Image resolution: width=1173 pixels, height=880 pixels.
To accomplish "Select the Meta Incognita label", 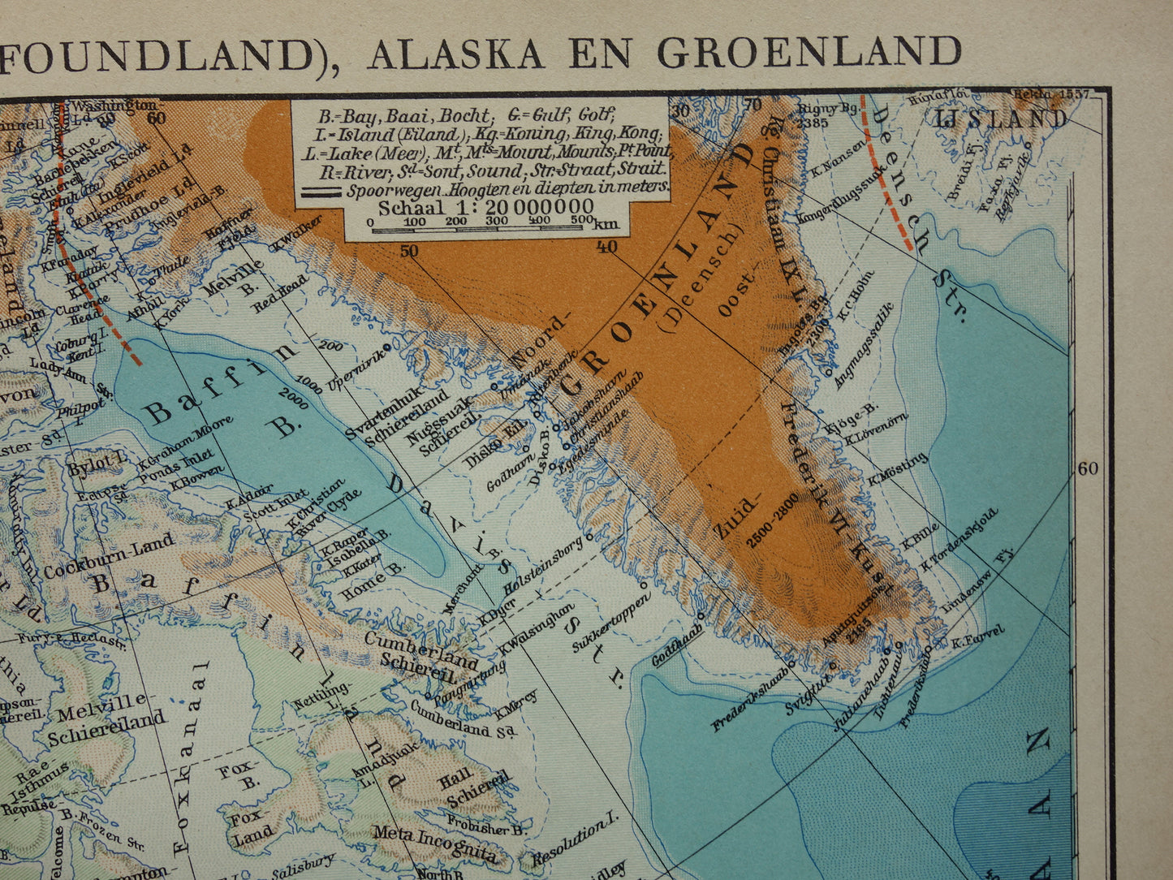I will (x=433, y=843).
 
